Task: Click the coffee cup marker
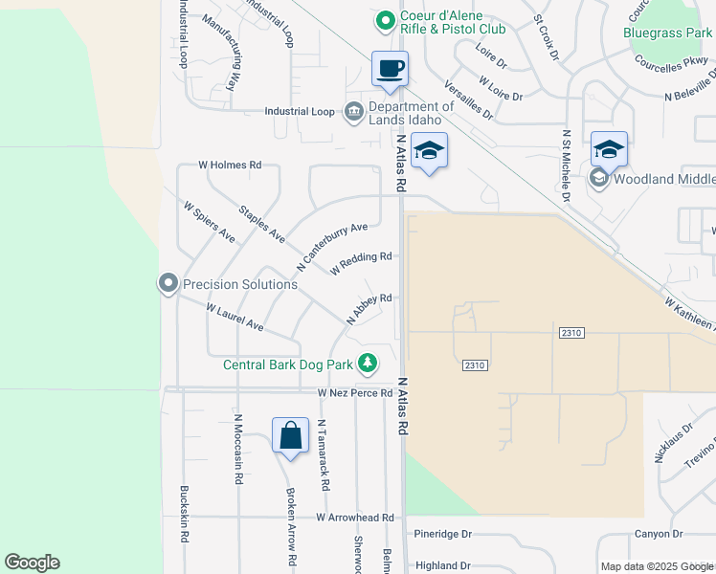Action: click(x=390, y=69)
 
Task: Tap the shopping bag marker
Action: click(x=290, y=436)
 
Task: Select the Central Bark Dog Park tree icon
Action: click(x=367, y=363)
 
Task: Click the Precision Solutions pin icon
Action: click(x=168, y=283)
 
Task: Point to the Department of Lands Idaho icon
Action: click(x=352, y=111)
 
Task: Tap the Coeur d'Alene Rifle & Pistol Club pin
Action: click(x=384, y=19)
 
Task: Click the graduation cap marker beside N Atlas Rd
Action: click(x=430, y=150)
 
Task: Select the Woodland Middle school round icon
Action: click(x=599, y=178)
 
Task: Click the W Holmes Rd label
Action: click(x=230, y=165)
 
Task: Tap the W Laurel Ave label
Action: click(x=235, y=318)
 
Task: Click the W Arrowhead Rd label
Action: click(x=355, y=518)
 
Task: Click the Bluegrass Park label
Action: click(x=667, y=33)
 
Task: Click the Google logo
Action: click(x=32, y=563)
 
